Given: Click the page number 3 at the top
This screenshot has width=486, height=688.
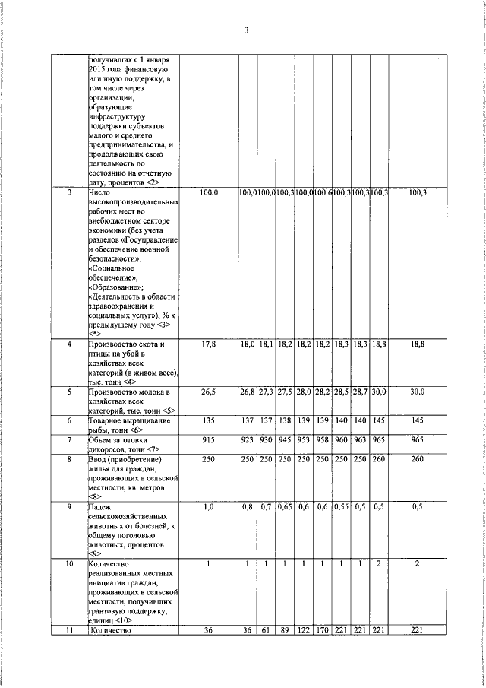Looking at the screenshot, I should coord(246,30).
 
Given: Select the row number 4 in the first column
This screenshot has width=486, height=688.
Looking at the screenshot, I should coord(69,344).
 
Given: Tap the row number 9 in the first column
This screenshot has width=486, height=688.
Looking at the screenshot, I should coord(69,506).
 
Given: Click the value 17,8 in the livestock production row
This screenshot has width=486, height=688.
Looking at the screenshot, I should coord(209,344).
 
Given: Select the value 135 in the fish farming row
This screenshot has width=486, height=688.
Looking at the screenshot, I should coord(209,420).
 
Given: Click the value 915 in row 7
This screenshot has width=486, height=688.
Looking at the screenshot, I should coord(209,440).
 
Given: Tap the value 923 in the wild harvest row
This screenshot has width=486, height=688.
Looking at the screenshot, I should coord(248,440).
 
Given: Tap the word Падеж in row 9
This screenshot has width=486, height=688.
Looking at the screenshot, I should coord(101,506).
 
